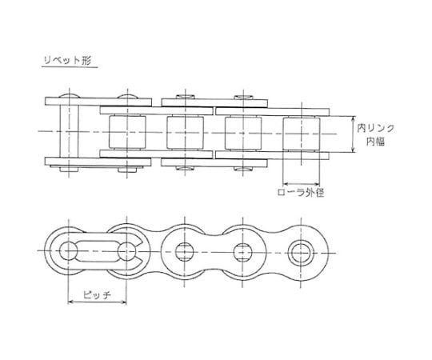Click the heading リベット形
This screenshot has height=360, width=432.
pos(67,60)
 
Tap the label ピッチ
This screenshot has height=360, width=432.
pos(97,294)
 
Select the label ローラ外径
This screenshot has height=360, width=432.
pos(300,192)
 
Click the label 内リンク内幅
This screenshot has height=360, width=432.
pos(375,134)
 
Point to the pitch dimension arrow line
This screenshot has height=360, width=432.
pos(97,302)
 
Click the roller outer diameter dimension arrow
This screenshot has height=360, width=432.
pos(301,184)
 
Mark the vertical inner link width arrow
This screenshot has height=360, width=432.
pos(354,134)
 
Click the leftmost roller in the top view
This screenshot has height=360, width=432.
pos(127,132)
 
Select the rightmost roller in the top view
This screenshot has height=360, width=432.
pos(301,134)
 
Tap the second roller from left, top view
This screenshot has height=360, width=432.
pos(185,133)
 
